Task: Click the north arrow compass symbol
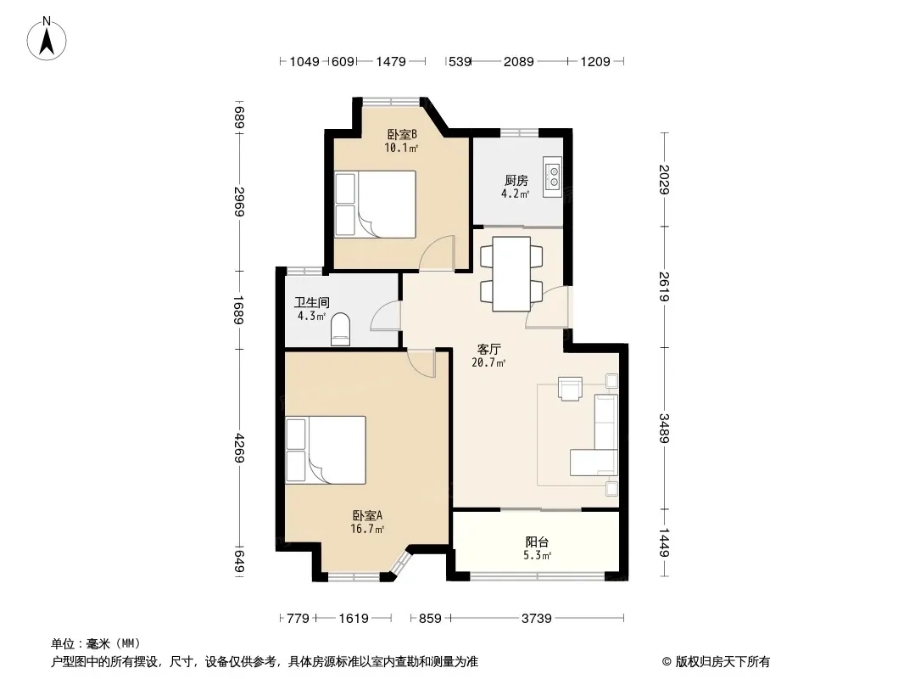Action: pyautogui.click(x=47, y=39)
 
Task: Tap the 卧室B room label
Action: pyautogui.click(x=401, y=134)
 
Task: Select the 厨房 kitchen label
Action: pyautogui.click(x=516, y=181)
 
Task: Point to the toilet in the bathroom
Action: pyautogui.click(x=340, y=329)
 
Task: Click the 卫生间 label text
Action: pyautogui.click(x=311, y=302)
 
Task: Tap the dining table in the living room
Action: pyautogui.click(x=511, y=274)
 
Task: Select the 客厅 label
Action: pyautogui.click(x=489, y=350)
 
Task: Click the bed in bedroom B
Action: pyautogui.click(x=376, y=205)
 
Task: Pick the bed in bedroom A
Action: pyautogui.click(x=326, y=450)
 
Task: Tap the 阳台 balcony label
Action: pyautogui.click(x=537, y=542)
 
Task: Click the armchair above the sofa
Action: pyautogui.click(x=570, y=388)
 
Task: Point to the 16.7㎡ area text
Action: pyautogui.click(x=367, y=529)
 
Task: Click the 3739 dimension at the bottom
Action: pyautogui.click(x=536, y=619)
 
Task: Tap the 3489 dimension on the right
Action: pyautogui.click(x=664, y=428)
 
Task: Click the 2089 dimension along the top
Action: pyautogui.click(x=518, y=61)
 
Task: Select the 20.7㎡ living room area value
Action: pyautogui.click(x=488, y=363)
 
